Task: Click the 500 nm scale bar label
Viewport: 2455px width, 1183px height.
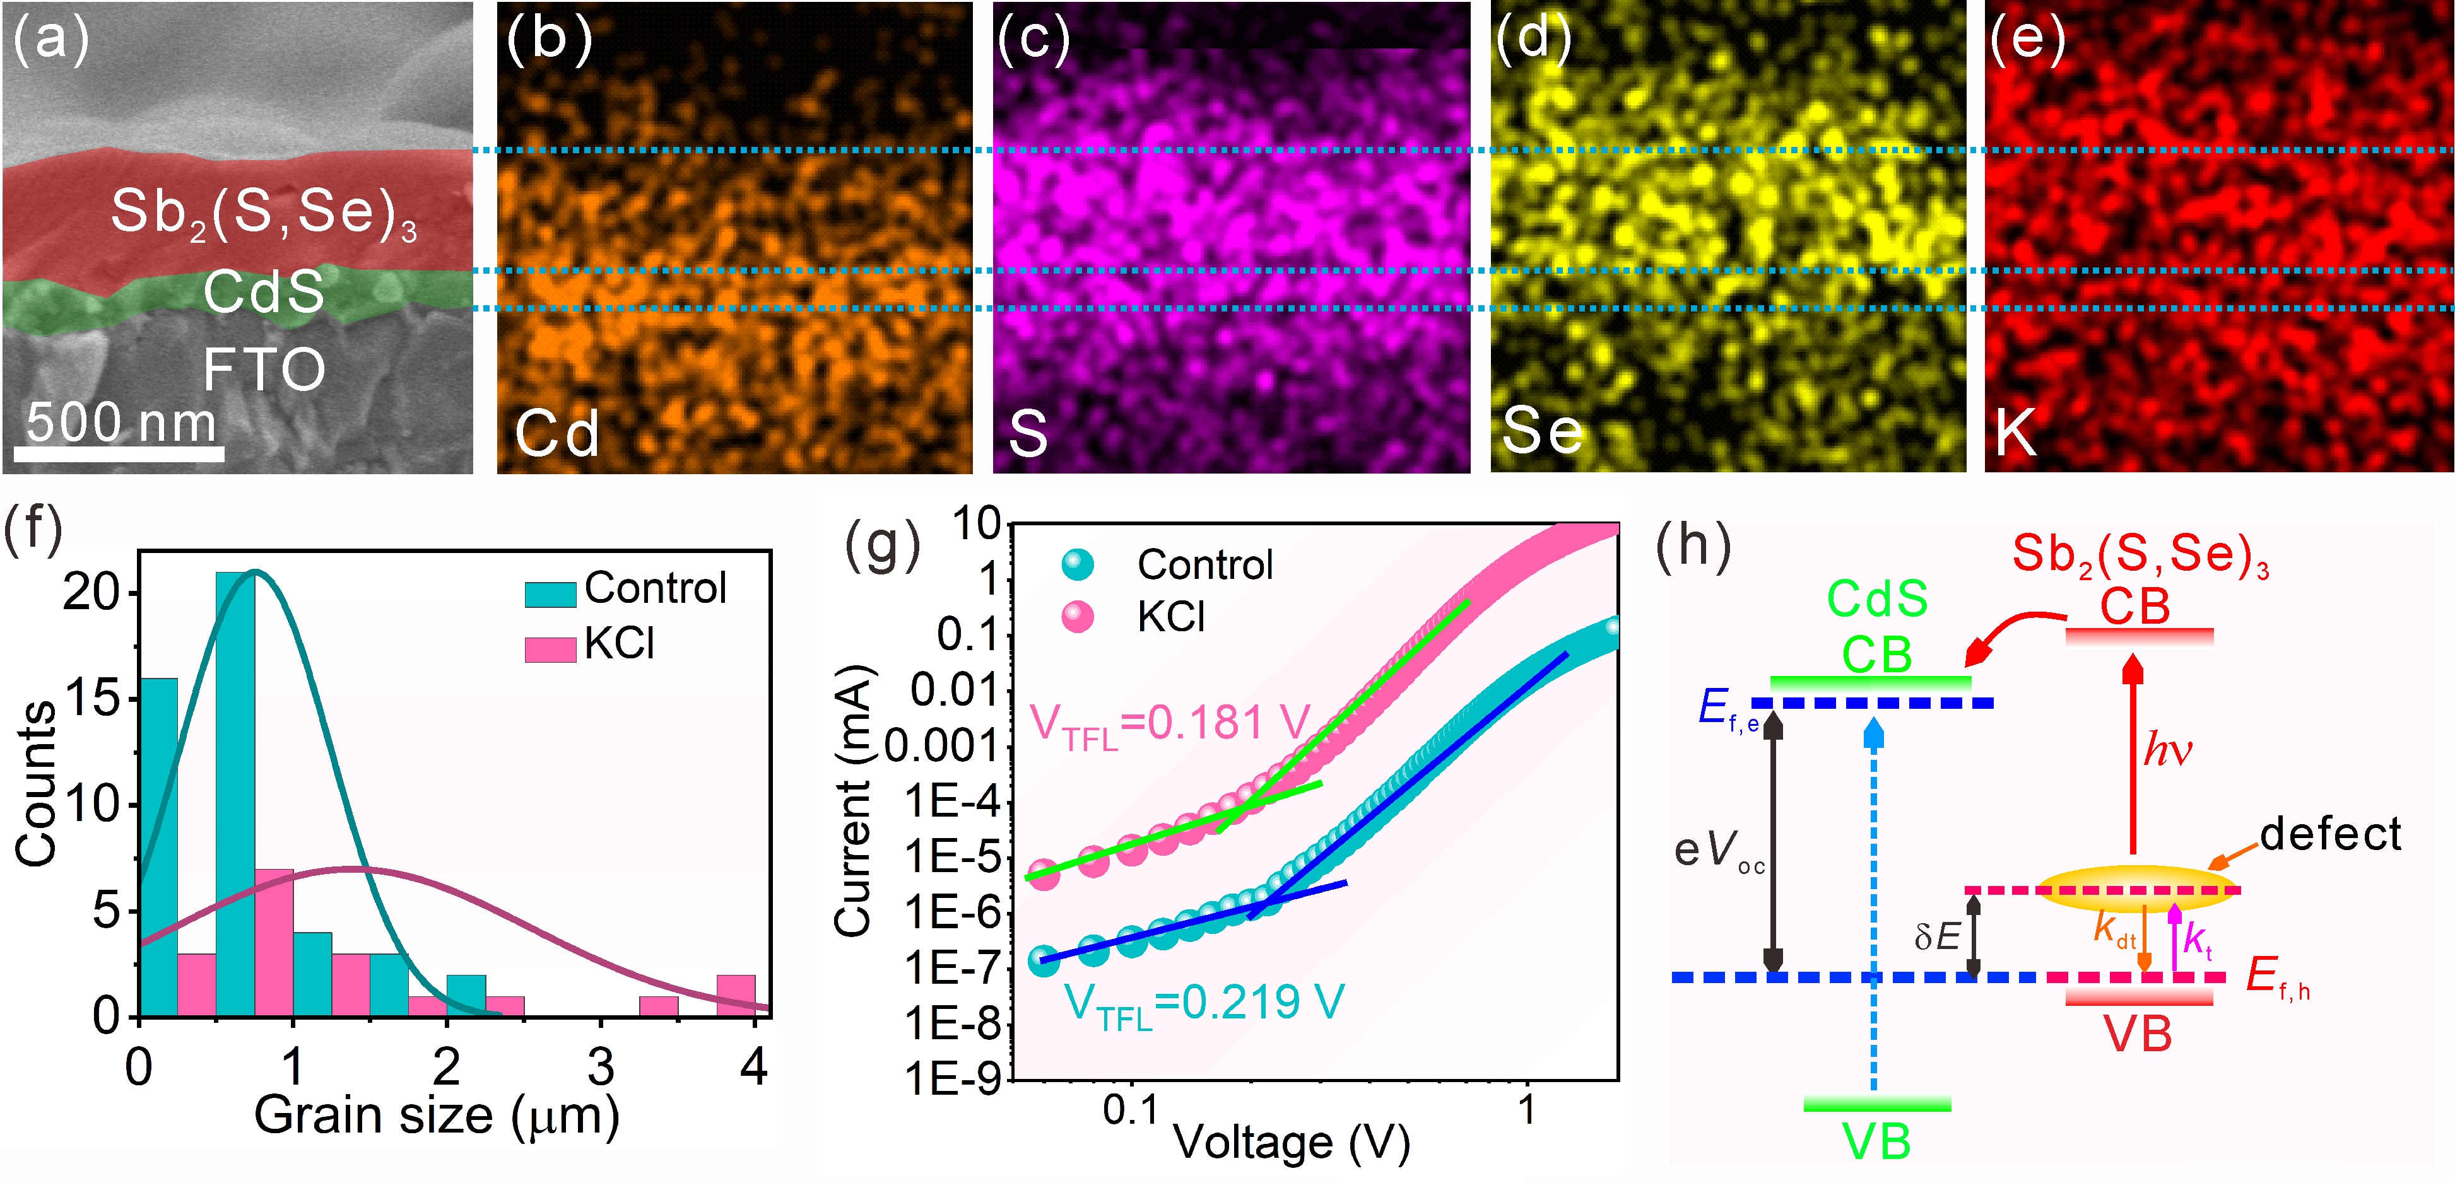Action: [121, 422]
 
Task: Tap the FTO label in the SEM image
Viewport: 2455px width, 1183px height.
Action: [264, 370]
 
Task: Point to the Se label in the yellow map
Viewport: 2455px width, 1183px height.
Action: [1542, 431]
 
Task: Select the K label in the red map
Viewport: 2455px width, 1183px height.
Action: [2016, 433]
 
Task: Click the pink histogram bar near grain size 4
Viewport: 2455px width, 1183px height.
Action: [736, 995]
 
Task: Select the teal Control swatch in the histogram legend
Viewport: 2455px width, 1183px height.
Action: [550, 593]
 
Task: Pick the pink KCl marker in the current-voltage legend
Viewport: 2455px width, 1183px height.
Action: [1078, 617]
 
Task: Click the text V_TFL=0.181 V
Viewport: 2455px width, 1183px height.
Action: [1170, 724]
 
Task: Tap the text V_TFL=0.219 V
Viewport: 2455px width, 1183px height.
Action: [1203, 1003]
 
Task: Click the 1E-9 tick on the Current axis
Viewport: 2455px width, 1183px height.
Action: [952, 1079]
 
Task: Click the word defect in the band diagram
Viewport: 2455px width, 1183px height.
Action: [2330, 834]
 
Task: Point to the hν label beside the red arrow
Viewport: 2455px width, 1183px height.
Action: [2167, 750]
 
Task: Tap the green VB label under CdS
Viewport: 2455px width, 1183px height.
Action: [1876, 1142]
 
